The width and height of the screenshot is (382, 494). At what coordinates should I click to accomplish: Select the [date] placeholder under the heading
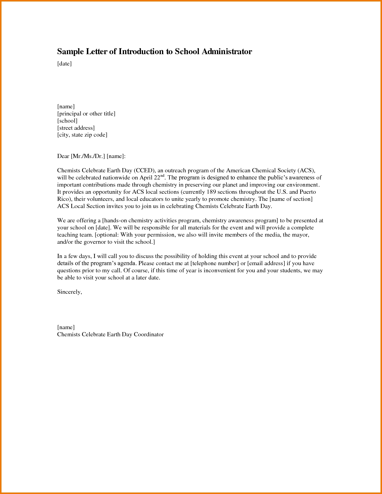pyautogui.click(x=64, y=64)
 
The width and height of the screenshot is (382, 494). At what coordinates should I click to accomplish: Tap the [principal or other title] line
pyautogui.click(x=86, y=114)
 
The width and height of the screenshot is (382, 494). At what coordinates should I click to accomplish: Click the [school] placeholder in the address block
pyautogui.click(x=67, y=121)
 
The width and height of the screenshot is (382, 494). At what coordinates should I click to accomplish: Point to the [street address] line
pyautogui.click(x=76, y=128)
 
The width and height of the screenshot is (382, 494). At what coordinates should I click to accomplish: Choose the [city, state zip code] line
pyautogui.click(x=82, y=135)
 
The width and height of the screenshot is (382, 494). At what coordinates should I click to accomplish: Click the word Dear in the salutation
pyautogui.click(x=63, y=156)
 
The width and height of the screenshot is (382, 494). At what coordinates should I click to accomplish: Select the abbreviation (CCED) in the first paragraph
pyautogui.click(x=144, y=171)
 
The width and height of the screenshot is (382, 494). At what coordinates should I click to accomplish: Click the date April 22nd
pyautogui.click(x=152, y=178)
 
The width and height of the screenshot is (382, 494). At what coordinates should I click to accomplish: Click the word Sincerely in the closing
pyautogui.click(x=69, y=292)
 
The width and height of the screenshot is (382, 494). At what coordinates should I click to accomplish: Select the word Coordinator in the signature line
pyautogui.click(x=149, y=334)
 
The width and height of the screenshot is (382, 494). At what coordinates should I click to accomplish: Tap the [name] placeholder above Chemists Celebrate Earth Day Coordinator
pyautogui.click(x=66, y=327)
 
